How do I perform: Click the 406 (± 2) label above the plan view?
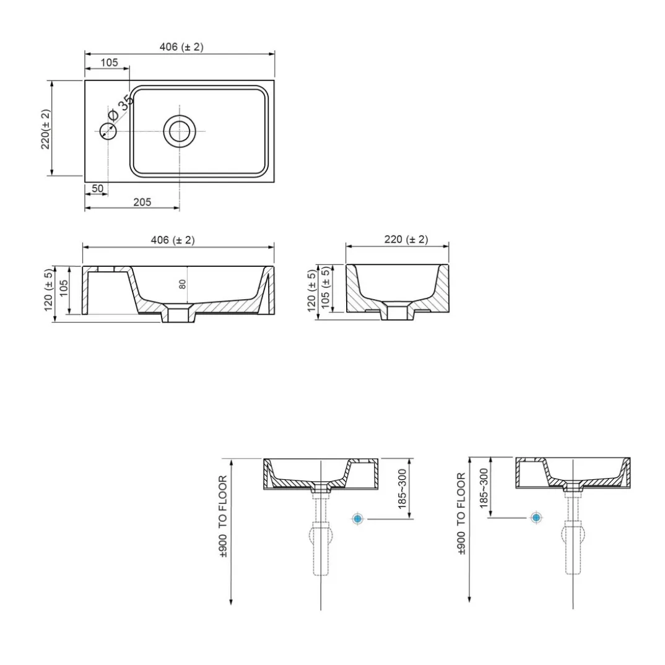(181, 46)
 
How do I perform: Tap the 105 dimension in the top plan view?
(109, 63)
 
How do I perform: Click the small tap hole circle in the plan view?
(108, 131)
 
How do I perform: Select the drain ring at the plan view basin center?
(180, 131)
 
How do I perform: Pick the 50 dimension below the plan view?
(97, 188)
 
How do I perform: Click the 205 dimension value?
(142, 202)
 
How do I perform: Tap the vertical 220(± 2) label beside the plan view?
(45, 129)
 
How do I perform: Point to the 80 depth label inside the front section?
(183, 284)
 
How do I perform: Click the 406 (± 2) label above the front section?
(173, 240)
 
